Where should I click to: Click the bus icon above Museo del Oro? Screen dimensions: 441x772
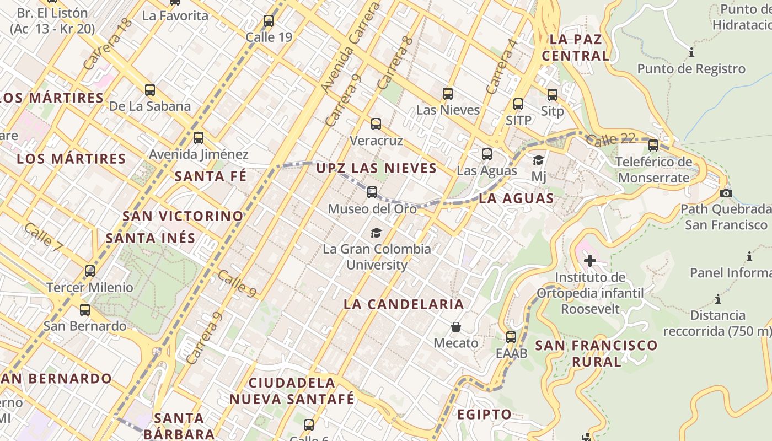click(372, 192)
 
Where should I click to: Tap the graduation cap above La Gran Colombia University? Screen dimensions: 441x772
click(376, 233)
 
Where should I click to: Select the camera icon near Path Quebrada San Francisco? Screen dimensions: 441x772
click(726, 193)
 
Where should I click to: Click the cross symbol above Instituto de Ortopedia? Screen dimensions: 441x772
click(590, 260)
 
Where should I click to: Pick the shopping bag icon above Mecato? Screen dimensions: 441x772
click(456, 327)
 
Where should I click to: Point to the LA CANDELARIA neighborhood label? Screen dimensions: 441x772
click(404, 304)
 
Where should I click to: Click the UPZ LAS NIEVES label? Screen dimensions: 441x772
click(376, 168)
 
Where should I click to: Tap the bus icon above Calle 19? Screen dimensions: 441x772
click(269, 21)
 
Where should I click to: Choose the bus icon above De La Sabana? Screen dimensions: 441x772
click(149, 89)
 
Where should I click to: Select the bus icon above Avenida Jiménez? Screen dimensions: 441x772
click(199, 138)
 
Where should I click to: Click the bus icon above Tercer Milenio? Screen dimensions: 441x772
click(89, 271)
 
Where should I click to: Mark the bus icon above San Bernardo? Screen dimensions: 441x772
click(84, 310)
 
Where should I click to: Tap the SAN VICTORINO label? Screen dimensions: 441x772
click(183, 216)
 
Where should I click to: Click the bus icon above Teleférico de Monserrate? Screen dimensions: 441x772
click(653, 146)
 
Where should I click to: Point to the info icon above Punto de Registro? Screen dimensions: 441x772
click(691, 53)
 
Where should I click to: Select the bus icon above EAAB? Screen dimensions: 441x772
click(511, 337)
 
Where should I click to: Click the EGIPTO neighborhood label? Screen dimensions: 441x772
click(484, 415)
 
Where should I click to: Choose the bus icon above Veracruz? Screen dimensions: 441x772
click(376, 124)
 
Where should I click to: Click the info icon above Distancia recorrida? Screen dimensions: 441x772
click(718, 299)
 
